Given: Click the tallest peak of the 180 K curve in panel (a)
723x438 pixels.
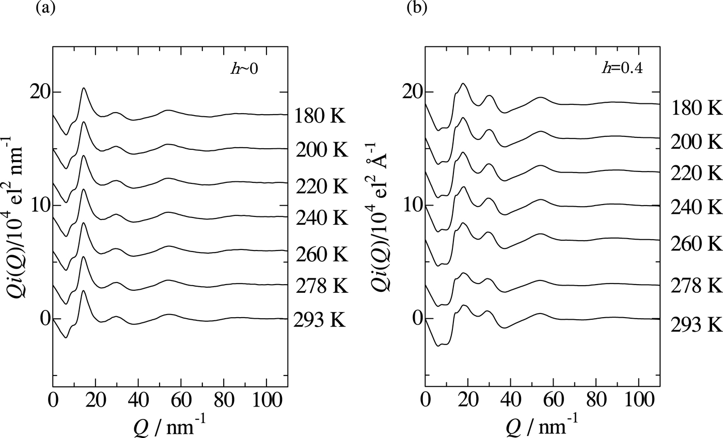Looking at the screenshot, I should (83, 88).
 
